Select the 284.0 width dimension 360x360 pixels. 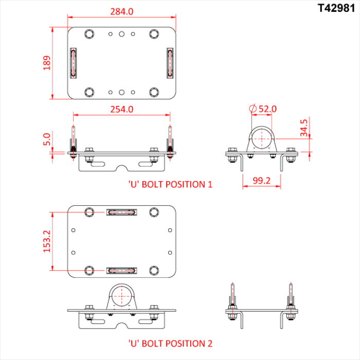[122, 11]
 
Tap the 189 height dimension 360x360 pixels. [47, 63]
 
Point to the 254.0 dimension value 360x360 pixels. [122, 109]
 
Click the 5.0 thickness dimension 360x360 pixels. [47, 140]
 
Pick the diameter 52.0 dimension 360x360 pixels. [262, 109]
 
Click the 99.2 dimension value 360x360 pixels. [261, 181]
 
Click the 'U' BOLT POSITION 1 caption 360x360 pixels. [170, 184]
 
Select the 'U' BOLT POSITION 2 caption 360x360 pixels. [170, 343]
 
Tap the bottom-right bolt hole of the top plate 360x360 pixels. [154, 92]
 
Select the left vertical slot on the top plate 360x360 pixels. [74, 63]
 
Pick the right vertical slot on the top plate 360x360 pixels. [170, 63]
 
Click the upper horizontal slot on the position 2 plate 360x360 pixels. [122, 212]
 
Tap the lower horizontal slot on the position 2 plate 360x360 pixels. [122, 270]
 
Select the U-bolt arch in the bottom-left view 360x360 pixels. [122, 297]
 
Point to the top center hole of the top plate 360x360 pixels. [122, 34]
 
